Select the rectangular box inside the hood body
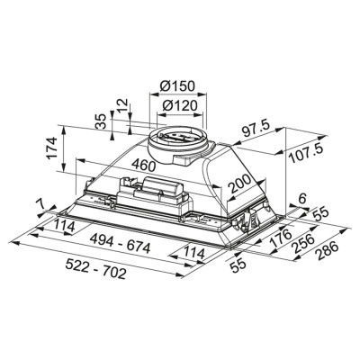pos(159,192)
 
